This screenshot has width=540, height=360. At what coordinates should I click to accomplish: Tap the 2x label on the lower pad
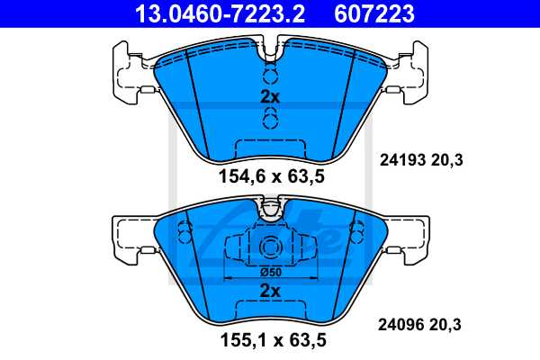point(270,291)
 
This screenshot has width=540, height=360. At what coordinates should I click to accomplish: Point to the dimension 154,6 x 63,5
point(270,177)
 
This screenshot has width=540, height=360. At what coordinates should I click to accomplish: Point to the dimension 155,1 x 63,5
point(270,342)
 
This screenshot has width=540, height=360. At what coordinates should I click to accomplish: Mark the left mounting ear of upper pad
point(127,70)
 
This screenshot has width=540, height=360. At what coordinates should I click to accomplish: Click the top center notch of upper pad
point(269,52)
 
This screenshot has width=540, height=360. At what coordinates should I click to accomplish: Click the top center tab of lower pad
point(270,211)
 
